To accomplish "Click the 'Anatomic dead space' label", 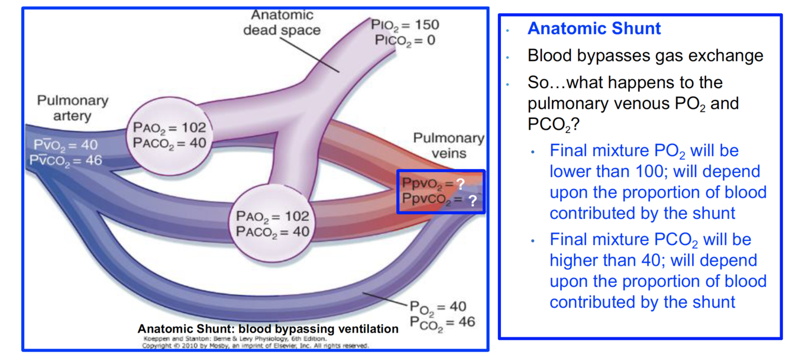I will [282, 22].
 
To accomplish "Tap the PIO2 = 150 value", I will [406, 25].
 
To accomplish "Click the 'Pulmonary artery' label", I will [72, 108].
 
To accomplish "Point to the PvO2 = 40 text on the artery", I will [66, 145].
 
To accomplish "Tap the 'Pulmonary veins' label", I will [448, 146].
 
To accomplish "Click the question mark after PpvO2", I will [460, 184].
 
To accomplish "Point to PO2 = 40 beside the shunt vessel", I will [438, 307].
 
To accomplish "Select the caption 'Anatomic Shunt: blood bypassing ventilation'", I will [268, 328].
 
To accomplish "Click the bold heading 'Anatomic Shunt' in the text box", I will [594, 28].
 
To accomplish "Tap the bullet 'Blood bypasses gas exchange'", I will [645, 56].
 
